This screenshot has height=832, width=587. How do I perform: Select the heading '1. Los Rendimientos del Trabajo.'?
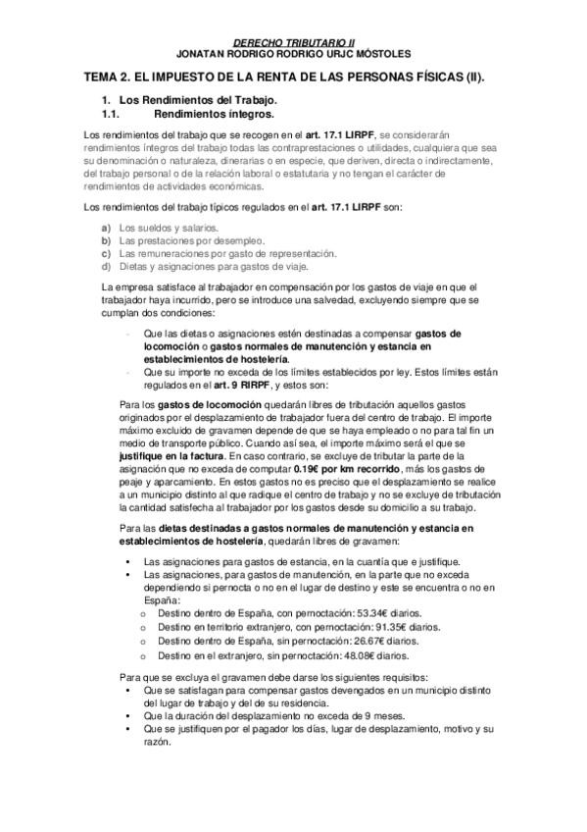tap(190, 100)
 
